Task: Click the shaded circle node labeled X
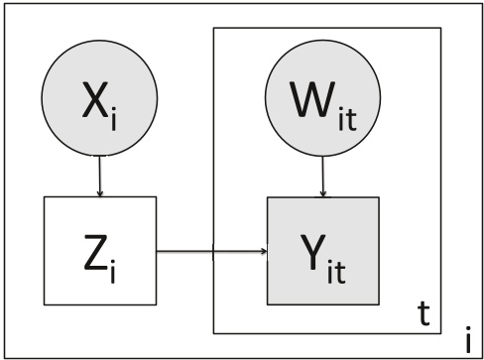pyautogui.click(x=100, y=102)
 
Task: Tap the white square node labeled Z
pyautogui.click(x=100, y=251)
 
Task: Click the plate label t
pyautogui.click(x=422, y=315)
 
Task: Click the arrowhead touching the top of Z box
pyautogui.click(x=100, y=193)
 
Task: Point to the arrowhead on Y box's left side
pyautogui.click(x=264, y=251)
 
